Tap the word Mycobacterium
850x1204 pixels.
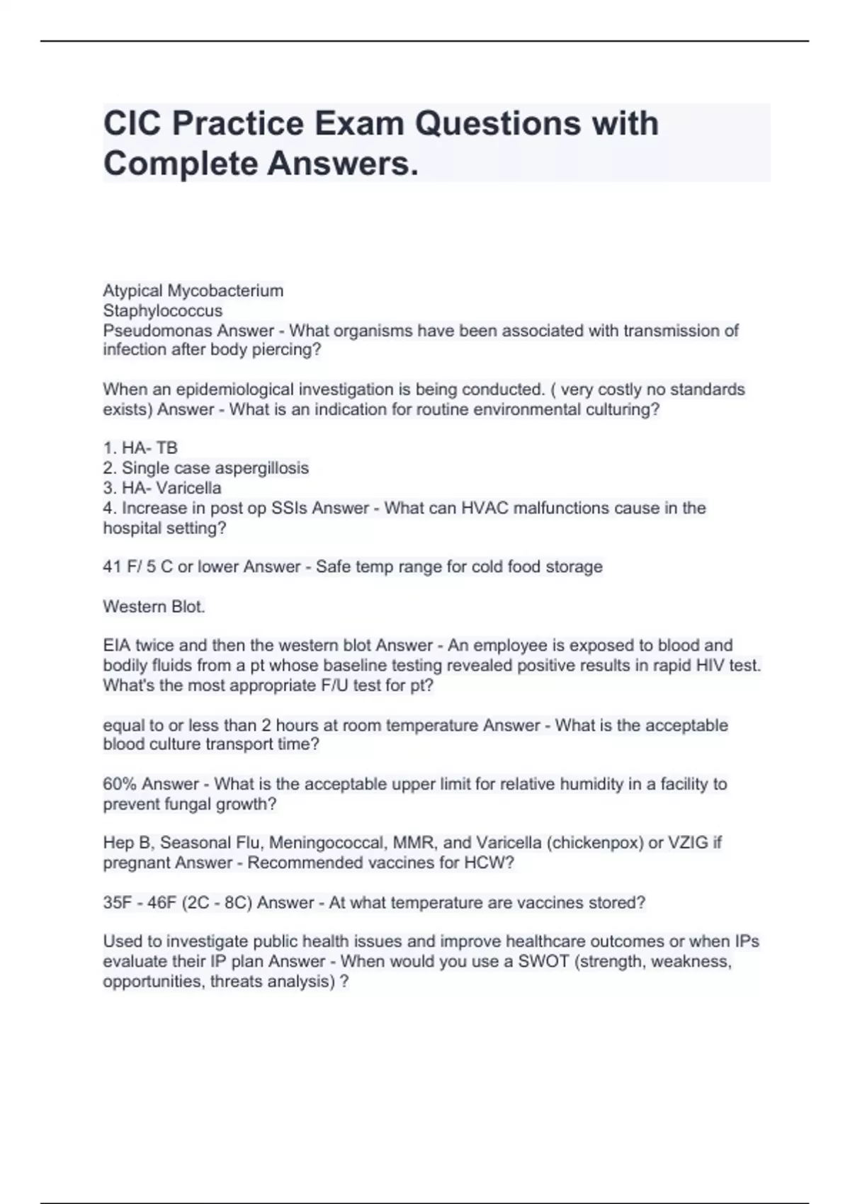pos(225,290)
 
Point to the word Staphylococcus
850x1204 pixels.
pos(163,310)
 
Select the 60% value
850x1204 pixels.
pos(120,784)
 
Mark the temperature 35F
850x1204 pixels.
pos(117,903)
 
